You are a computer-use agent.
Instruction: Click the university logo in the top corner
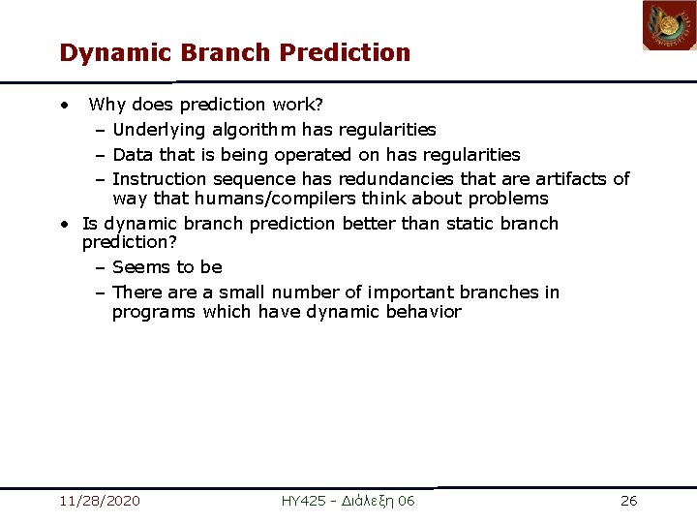(x=669, y=25)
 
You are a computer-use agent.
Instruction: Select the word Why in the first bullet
(x=107, y=105)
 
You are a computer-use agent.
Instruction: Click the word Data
(x=132, y=155)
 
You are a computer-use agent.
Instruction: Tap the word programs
(x=155, y=312)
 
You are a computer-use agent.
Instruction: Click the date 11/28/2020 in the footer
(x=99, y=501)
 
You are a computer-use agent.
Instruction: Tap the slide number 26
(x=628, y=501)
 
